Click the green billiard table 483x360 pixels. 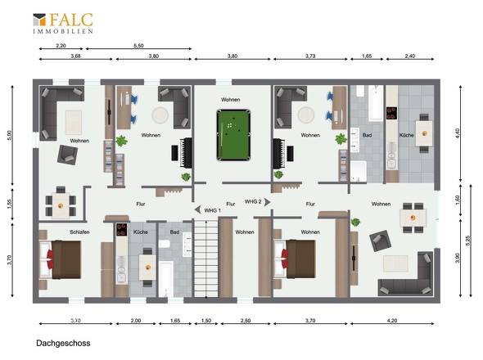[233, 135]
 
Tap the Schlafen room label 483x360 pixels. [79, 232]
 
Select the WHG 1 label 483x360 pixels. [213, 210]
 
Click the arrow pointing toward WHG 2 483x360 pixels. [268, 202]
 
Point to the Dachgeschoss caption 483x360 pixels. [64, 344]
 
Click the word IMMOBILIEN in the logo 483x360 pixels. [63, 31]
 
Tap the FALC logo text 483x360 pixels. [71, 20]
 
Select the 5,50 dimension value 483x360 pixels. [138, 46]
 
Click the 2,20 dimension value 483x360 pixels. [61, 46]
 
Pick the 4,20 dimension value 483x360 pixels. [392, 321]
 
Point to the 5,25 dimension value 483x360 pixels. [469, 241]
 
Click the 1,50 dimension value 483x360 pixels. [206, 321]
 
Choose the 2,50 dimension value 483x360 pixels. [246, 321]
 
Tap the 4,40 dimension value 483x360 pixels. [457, 133]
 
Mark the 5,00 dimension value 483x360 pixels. [10, 136]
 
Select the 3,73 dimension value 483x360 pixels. [310, 56]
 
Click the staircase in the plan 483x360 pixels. [206, 258]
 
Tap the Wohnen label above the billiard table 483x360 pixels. [230, 100]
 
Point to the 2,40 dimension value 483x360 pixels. [409, 56]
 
